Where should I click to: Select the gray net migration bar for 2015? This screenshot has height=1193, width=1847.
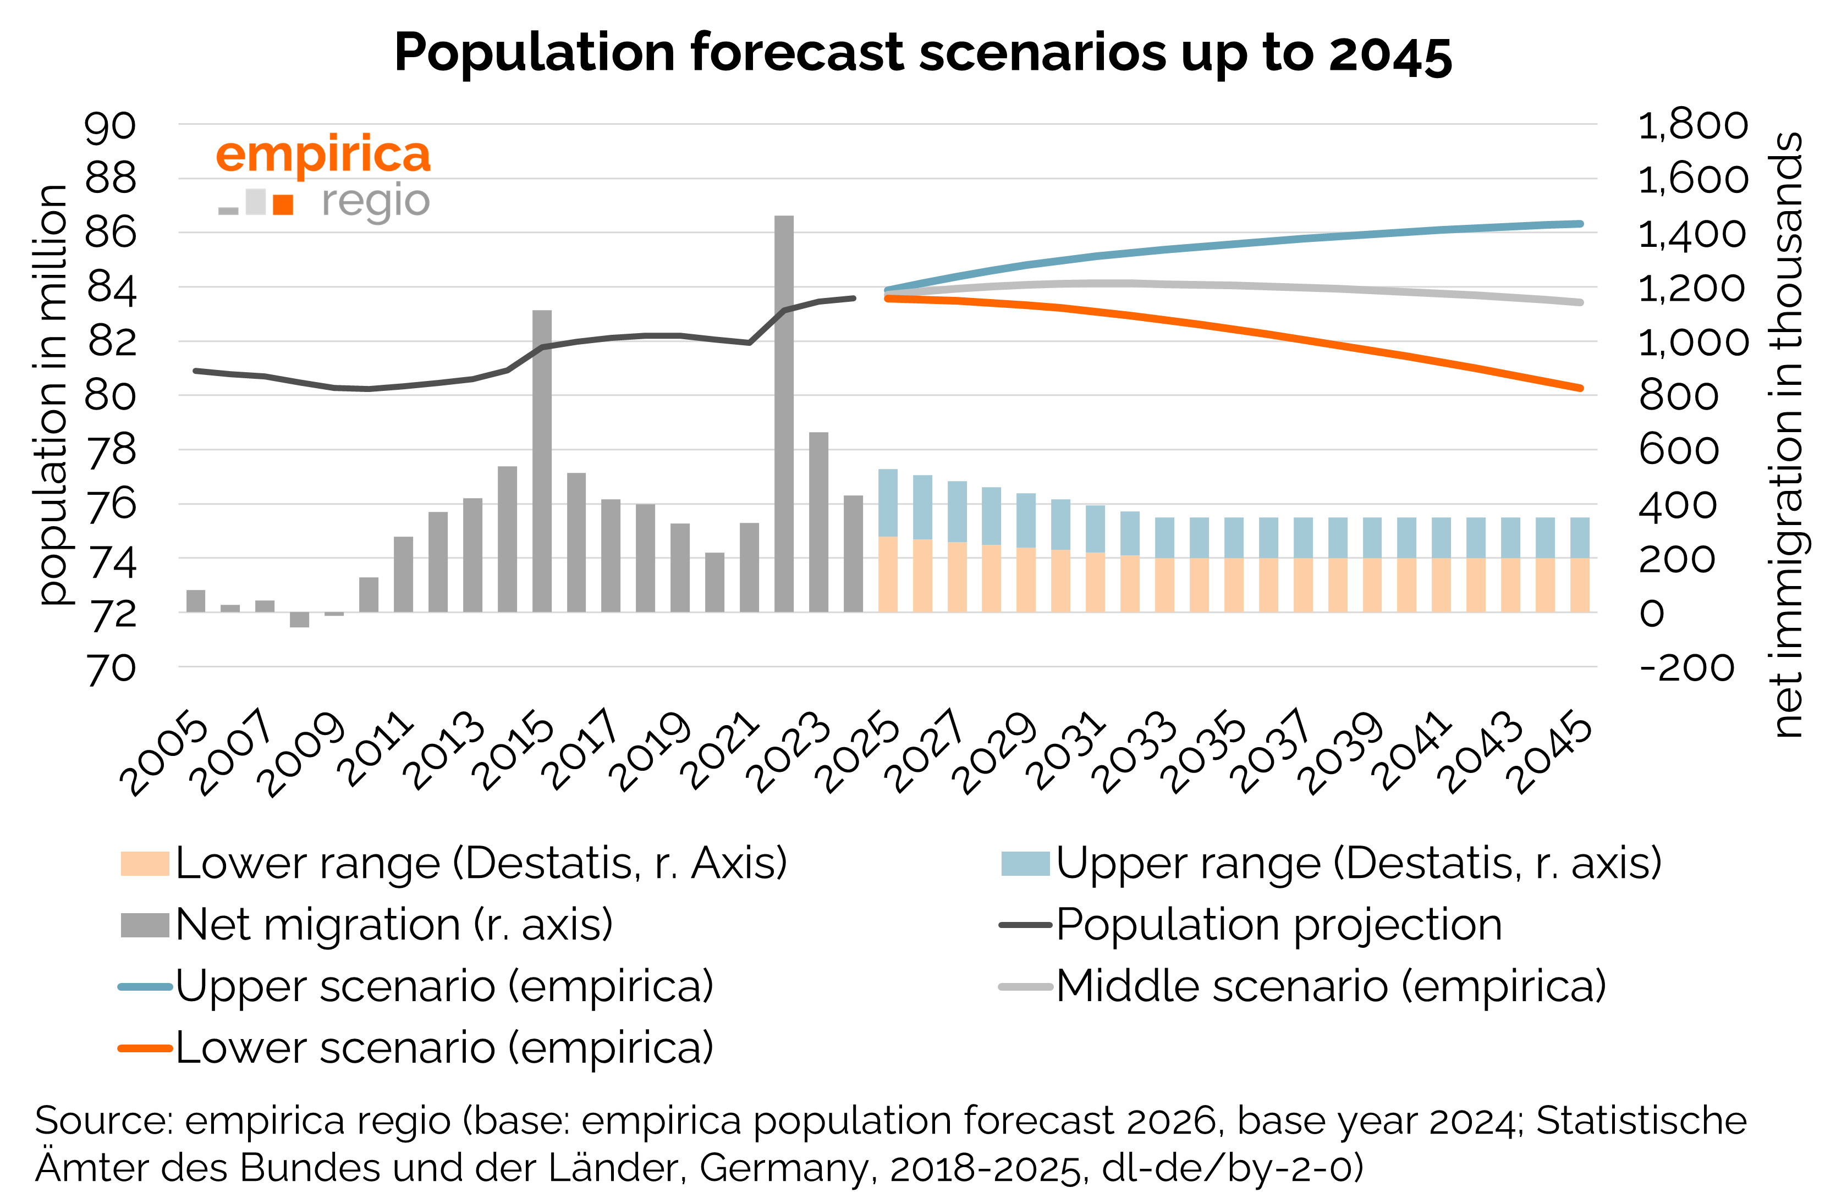[542, 461]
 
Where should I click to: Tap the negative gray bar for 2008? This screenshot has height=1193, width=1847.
[299, 620]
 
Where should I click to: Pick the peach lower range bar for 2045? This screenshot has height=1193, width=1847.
[1580, 585]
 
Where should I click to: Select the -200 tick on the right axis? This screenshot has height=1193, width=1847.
[1686, 668]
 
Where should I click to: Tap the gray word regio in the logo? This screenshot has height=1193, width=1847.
[375, 201]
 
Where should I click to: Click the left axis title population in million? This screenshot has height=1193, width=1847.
[53, 395]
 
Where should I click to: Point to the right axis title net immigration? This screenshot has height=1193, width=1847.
[1786, 434]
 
